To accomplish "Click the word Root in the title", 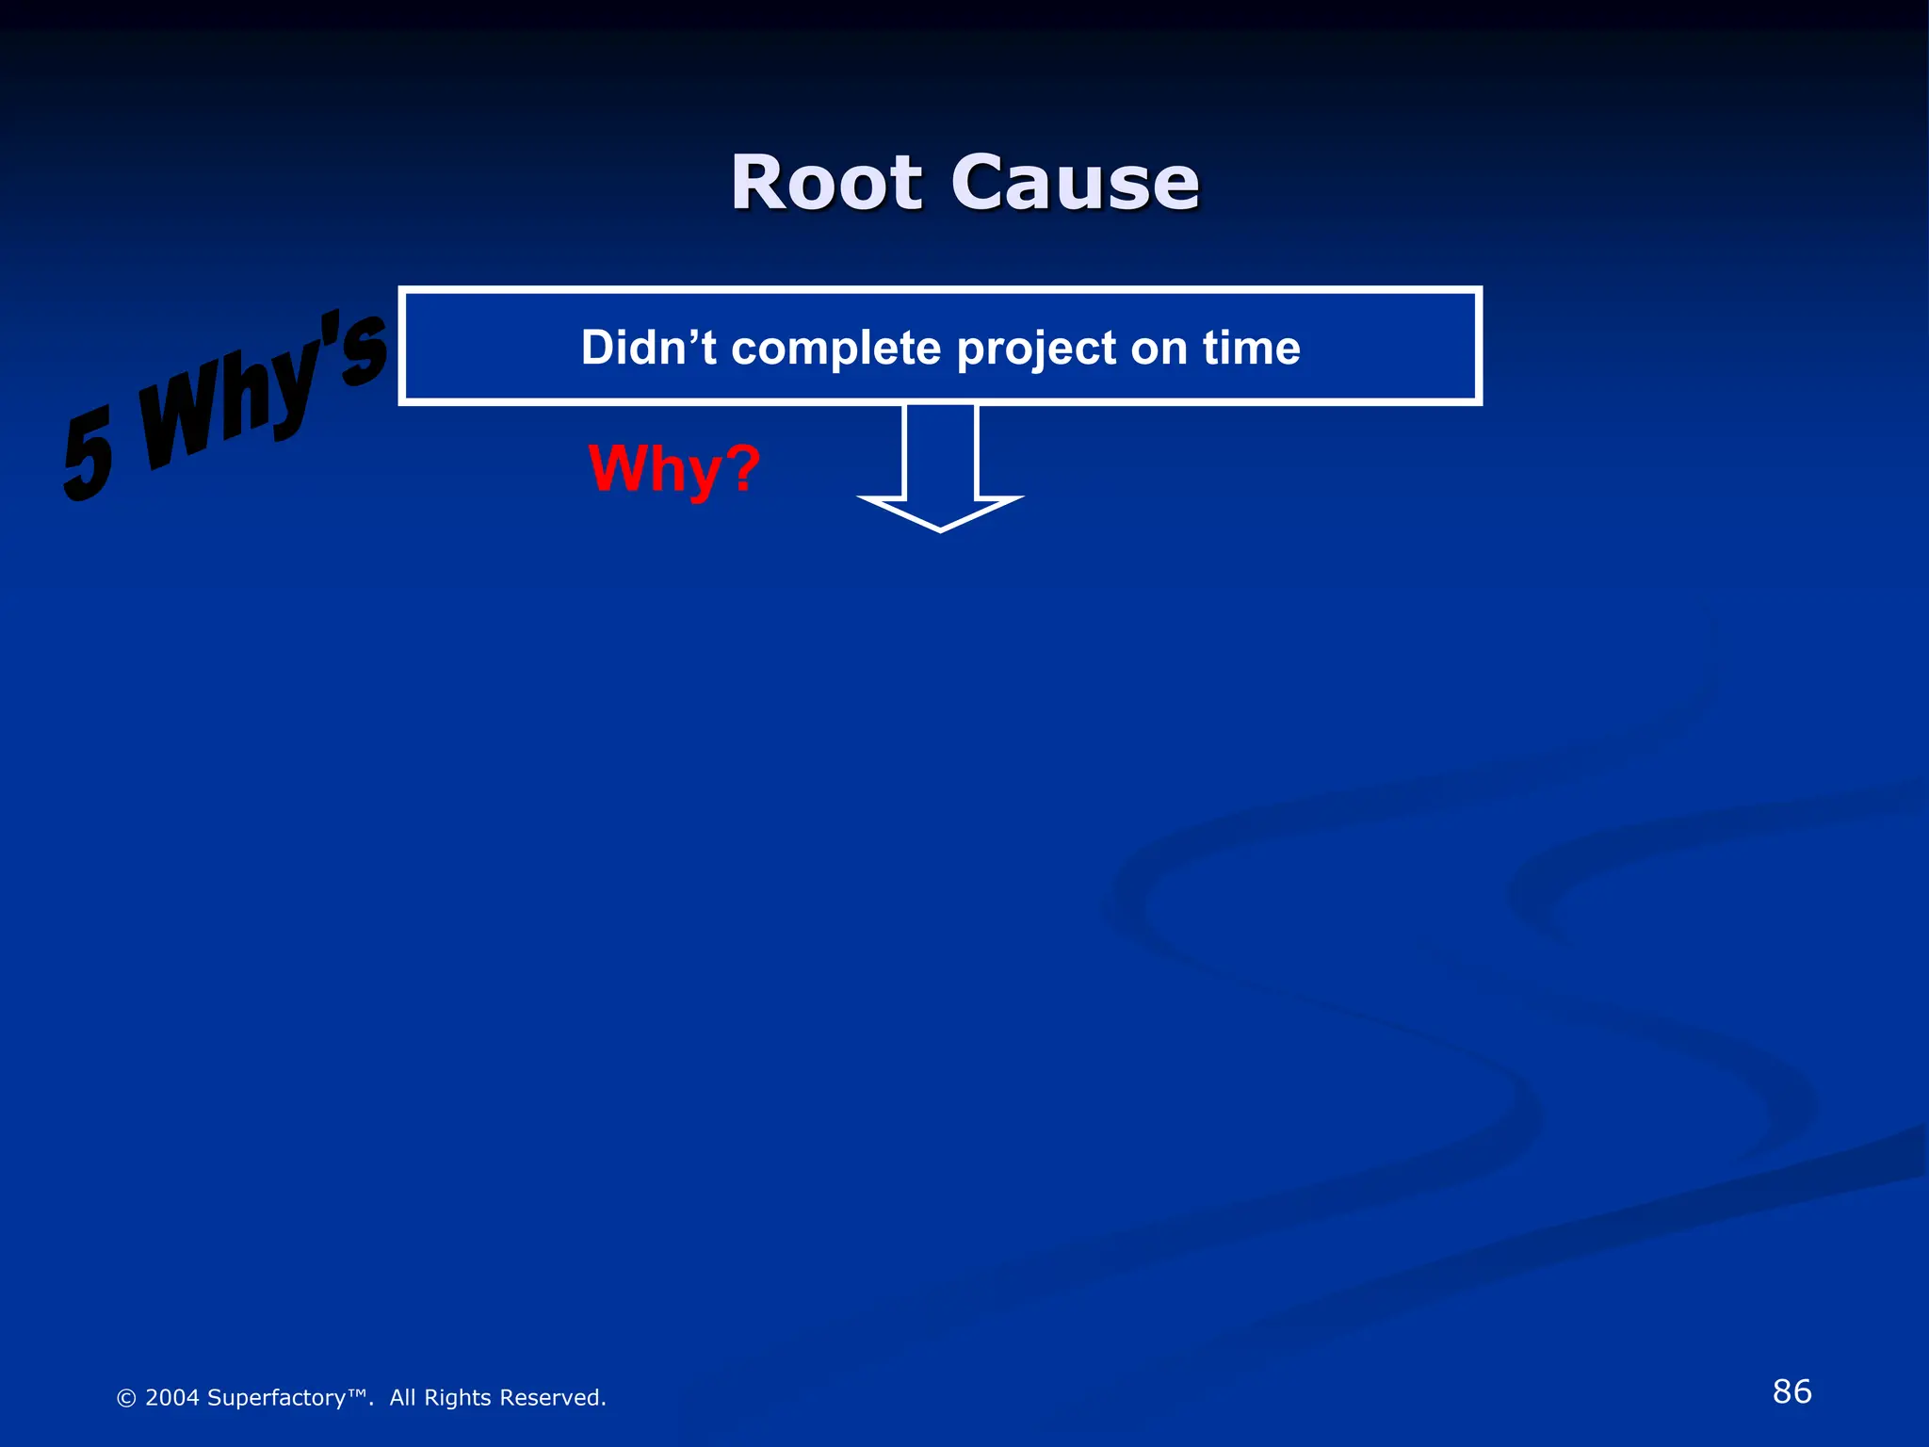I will [826, 183].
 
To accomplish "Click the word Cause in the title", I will [1075, 183].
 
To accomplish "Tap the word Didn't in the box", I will [648, 348].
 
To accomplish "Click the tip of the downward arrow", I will [940, 528].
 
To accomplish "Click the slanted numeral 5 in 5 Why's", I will [89, 455].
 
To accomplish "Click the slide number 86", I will [1791, 1391].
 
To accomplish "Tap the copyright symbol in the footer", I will [126, 1399].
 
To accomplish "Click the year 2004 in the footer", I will [171, 1398].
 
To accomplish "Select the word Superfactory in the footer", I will [276, 1399].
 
